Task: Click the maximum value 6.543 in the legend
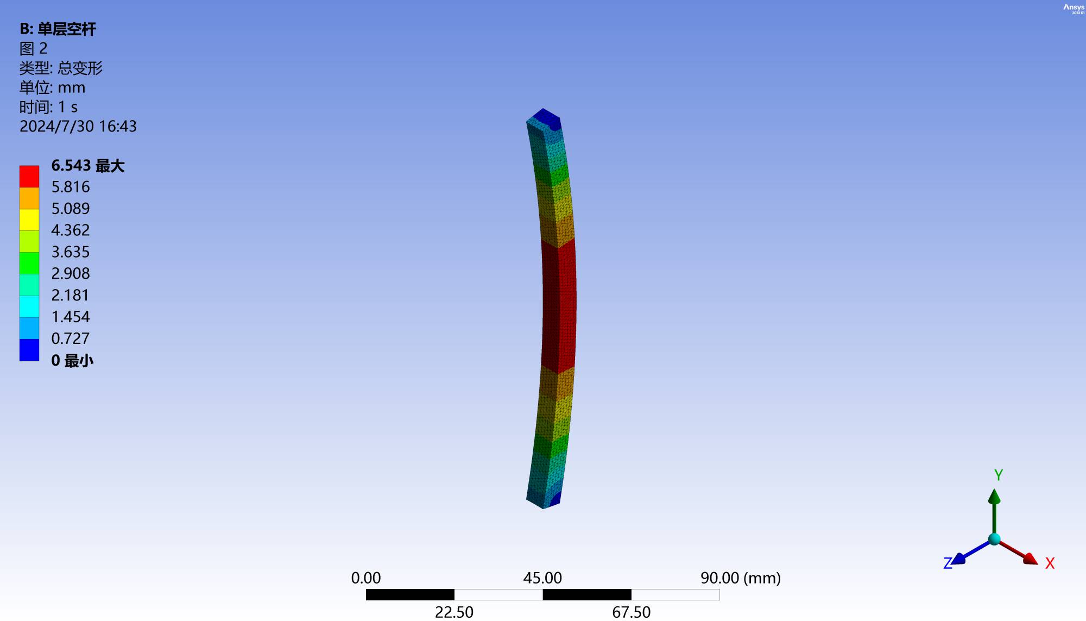[71, 165]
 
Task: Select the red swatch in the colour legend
[29, 177]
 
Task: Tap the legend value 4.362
[71, 230]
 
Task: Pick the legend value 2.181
[70, 295]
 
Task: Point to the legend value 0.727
[70, 338]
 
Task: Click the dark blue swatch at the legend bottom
[29, 350]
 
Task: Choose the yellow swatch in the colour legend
[29, 219]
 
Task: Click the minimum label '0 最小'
[72, 360]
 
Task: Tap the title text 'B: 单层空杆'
[58, 29]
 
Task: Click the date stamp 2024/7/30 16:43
[78, 126]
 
